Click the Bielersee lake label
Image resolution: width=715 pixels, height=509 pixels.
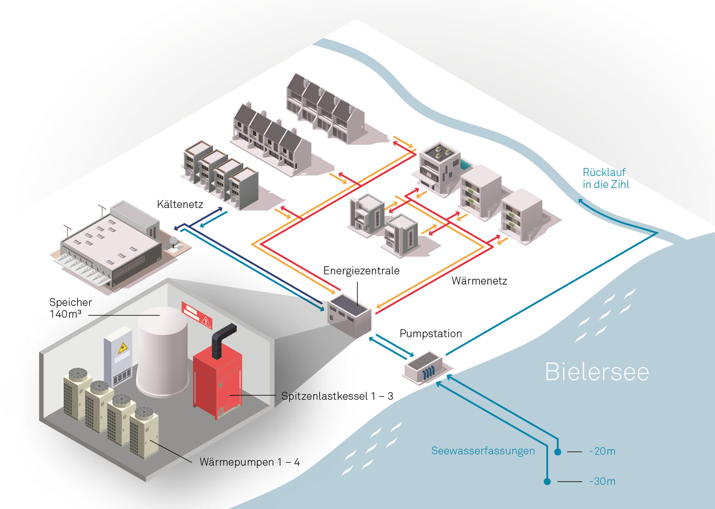pyautogui.click(x=597, y=372)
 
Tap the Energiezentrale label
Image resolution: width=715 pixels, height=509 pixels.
pyautogui.click(x=361, y=271)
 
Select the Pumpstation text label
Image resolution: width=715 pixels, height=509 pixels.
pyautogui.click(x=430, y=334)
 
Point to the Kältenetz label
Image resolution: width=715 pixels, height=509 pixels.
pyautogui.click(x=180, y=204)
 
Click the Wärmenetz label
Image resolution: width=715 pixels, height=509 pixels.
pyautogui.click(x=479, y=281)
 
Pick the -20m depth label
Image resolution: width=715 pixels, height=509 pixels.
pyautogui.click(x=602, y=451)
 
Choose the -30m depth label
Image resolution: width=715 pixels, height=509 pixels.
pyautogui.click(x=602, y=481)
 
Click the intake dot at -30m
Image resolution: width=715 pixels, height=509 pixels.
pyautogui.click(x=547, y=481)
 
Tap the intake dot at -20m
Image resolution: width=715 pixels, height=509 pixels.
pyautogui.click(x=558, y=452)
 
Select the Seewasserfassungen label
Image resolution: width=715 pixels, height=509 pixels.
pyautogui.click(x=483, y=451)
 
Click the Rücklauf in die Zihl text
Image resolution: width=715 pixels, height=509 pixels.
pyautogui.click(x=606, y=178)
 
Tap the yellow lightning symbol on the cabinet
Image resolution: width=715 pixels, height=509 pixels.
pyautogui.click(x=123, y=348)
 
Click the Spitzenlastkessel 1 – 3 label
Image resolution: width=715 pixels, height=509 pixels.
pyautogui.click(x=337, y=396)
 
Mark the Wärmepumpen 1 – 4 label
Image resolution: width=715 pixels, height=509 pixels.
pyautogui.click(x=250, y=462)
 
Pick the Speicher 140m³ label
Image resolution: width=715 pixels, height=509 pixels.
pyautogui.click(x=70, y=308)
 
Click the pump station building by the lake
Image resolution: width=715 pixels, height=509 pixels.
pyautogui.click(x=426, y=368)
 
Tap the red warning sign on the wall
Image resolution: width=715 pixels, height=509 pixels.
pyautogui.click(x=197, y=315)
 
